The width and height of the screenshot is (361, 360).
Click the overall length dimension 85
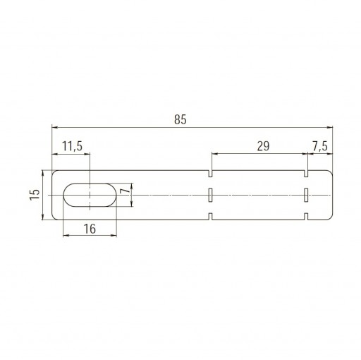(180, 119)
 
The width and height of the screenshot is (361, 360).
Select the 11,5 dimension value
(73, 146)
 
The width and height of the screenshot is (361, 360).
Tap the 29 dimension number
(263, 146)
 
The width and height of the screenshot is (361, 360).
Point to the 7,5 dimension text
(320, 146)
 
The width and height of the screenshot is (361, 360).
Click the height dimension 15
(35, 195)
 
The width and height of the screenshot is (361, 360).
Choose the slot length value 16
(90, 229)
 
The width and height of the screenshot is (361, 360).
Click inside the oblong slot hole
(90, 195)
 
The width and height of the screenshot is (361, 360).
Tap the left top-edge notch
(211, 174)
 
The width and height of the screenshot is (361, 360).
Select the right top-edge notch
(306, 174)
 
